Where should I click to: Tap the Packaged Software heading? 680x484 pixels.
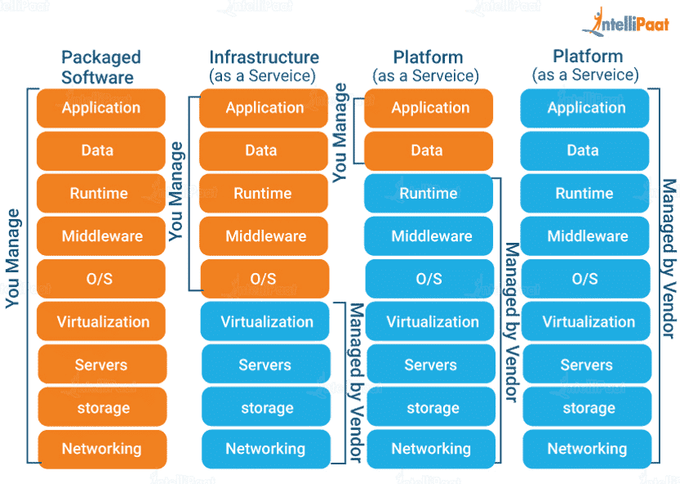click(x=101, y=68)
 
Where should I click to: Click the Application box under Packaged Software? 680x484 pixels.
click(x=101, y=108)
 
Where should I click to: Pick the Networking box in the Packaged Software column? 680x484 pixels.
click(x=102, y=449)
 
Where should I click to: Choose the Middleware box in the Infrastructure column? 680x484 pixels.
click(x=265, y=236)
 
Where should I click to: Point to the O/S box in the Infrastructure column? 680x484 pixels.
click(x=264, y=279)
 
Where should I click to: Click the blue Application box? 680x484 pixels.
click(x=585, y=108)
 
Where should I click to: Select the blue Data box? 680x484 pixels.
click(x=584, y=150)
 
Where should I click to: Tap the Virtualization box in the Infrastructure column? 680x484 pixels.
click(x=266, y=321)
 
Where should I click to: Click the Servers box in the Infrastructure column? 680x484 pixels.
click(x=265, y=365)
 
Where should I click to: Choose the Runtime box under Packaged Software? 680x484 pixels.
click(x=100, y=194)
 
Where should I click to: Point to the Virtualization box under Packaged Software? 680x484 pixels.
click(x=103, y=321)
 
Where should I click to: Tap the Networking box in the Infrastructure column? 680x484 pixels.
click(x=266, y=449)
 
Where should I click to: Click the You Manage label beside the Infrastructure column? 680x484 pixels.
click(x=176, y=191)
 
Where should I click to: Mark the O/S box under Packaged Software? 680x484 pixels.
click(x=100, y=279)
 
